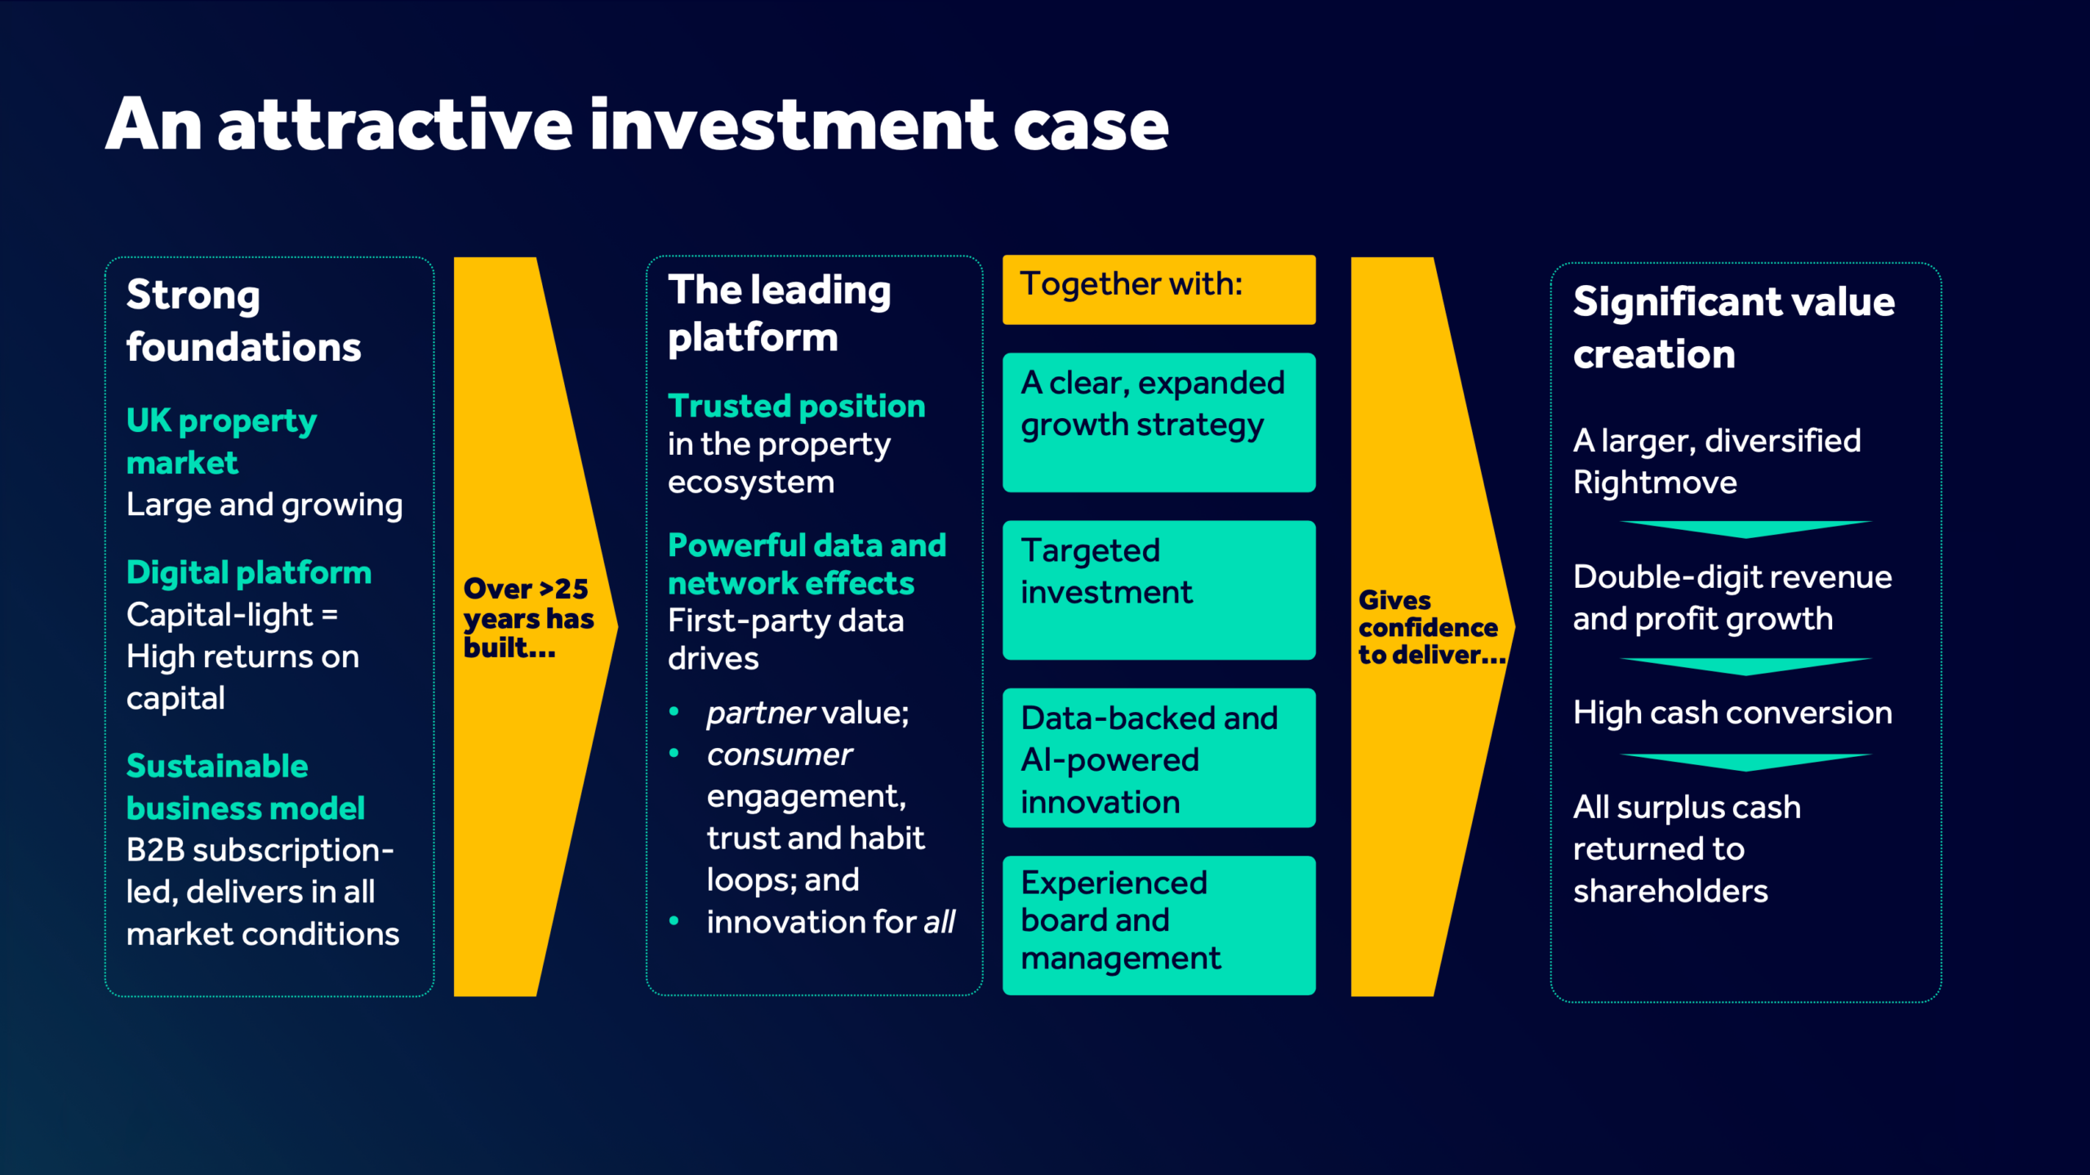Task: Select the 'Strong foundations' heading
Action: (x=242, y=321)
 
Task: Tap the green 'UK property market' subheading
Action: (x=220, y=441)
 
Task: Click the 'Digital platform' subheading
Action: (x=248, y=572)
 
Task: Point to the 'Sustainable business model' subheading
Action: (x=245, y=786)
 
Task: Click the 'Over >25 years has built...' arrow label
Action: (x=527, y=618)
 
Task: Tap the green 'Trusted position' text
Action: (x=796, y=406)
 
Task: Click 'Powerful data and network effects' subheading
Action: (x=806, y=563)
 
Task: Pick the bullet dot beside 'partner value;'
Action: (x=674, y=712)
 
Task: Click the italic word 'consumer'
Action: (x=779, y=754)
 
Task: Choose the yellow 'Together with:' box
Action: (x=1158, y=289)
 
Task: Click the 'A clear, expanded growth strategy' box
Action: (x=1158, y=421)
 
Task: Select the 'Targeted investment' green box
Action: (x=1158, y=590)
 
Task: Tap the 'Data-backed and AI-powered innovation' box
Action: (x=1158, y=758)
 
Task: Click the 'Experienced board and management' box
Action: (x=1158, y=924)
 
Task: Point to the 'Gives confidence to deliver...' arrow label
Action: (x=1430, y=627)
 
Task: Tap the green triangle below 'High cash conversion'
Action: (x=1745, y=762)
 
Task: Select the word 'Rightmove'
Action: (x=1655, y=483)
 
